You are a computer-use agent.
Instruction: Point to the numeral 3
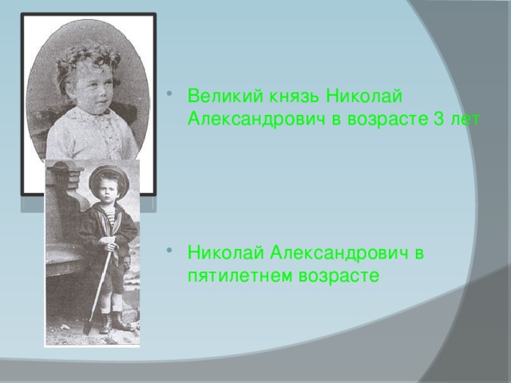click(x=438, y=120)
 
